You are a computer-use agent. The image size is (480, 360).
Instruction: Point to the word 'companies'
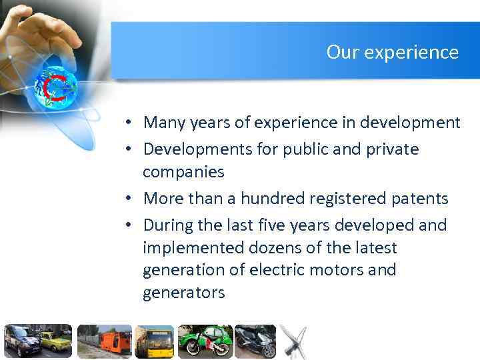click(183, 172)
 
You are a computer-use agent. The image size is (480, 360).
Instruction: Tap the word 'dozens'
click(272, 248)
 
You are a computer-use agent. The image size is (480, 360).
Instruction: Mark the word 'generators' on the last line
click(183, 293)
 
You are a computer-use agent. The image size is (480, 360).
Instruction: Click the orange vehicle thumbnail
click(103, 342)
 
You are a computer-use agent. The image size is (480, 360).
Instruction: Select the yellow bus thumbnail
click(155, 342)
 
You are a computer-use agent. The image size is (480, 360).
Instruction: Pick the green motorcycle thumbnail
click(205, 342)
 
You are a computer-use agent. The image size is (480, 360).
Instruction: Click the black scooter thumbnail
click(255, 342)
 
